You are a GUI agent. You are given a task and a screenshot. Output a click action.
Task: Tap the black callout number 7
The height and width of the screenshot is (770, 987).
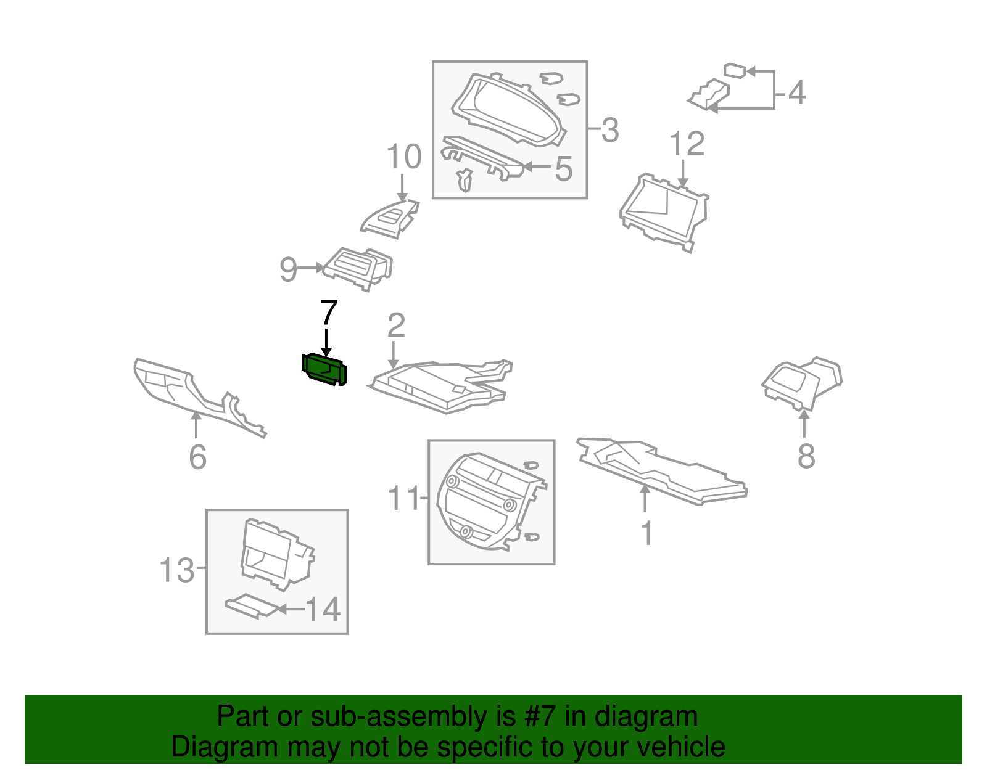pos(329,313)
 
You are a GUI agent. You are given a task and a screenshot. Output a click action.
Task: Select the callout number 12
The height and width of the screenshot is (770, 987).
pos(687,144)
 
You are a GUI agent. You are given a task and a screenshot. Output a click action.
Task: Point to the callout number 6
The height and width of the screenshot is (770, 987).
pos(197,457)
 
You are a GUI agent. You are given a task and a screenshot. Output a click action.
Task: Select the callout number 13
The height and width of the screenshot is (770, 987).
pos(176,570)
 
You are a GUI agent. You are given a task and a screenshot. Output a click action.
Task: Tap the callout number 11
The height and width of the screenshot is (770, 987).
pos(403,498)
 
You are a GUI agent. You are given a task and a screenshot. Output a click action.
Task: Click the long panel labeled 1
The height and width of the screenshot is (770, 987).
pos(660,472)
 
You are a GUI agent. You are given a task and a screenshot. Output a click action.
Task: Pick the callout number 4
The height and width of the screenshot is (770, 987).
pos(797,92)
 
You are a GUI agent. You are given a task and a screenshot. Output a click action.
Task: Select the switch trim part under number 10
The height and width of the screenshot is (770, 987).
pos(390,218)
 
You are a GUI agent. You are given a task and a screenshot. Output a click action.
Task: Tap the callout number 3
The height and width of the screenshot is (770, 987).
pos(609,130)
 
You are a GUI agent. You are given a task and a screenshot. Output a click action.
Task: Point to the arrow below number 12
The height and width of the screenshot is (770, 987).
pos(683,173)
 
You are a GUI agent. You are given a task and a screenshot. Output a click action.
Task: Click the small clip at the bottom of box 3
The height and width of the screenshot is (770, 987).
pos(465,180)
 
